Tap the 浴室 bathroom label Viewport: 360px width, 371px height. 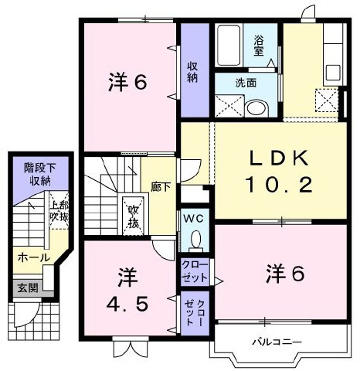pyautogui.click(x=259, y=46)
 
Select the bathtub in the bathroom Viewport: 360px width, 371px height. pyautogui.click(x=229, y=46)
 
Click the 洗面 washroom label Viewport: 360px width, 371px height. pyautogui.click(x=246, y=83)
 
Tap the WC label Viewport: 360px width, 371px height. pyautogui.click(x=194, y=220)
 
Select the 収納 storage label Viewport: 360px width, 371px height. pyautogui.click(x=192, y=73)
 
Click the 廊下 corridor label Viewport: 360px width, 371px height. pyautogui.click(x=161, y=187)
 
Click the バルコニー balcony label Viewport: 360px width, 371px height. pyautogui.click(x=277, y=342)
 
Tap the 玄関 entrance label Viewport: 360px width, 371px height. pyautogui.click(x=28, y=288)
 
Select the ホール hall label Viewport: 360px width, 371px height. pyautogui.click(x=34, y=257)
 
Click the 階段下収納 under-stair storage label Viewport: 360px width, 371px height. pyautogui.click(x=39, y=175)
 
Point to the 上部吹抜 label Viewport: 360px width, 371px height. pyautogui.click(x=59, y=211)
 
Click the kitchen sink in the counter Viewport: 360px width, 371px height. pyautogui.click(x=333, y=73)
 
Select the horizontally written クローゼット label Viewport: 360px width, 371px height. pyautogui.click(x=195, y=271)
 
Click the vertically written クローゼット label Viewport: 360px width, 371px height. pyautogui.click(x=195, y=312)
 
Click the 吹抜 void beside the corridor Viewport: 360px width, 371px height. pyautogui.click(x=134, y=216)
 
